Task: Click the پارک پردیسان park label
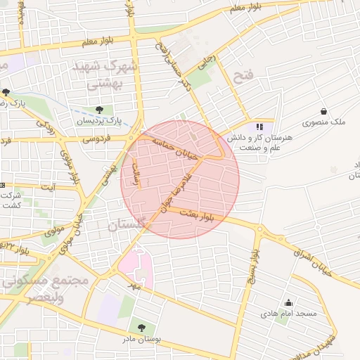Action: pos(99,121)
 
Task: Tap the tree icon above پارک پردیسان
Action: pos(99,110)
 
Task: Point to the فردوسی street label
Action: pos(98,139)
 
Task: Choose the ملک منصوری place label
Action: pos(324,122)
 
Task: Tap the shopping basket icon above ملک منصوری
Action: pos(323,111)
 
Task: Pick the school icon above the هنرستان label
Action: pos(259,127)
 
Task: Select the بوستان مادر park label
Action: pos(142,338)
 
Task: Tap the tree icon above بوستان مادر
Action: pos(142,328)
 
